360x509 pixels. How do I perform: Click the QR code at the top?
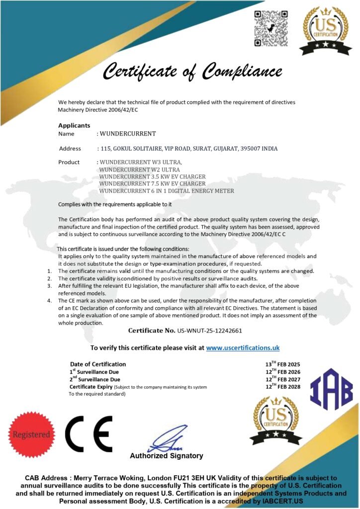tap(271, 28)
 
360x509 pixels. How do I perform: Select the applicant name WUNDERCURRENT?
tap(128, 134)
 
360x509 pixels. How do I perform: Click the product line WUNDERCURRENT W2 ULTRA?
tap(133, 170)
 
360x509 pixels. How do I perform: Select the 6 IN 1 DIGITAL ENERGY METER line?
tap(167, 190)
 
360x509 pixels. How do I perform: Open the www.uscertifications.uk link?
tap(243, 348)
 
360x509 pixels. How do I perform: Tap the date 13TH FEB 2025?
tap(282, 364)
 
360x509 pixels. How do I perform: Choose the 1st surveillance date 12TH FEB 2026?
tap(282, 372)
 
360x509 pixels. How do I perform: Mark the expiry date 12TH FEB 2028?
tap(282, 386)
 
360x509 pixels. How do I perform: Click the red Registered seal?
tap(32, 434)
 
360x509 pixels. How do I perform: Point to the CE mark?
tap(89, 434)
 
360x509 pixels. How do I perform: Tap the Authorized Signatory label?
tap(167, 456)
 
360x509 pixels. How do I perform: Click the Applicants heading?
tap(74, 125)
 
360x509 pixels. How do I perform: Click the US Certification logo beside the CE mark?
tap(276, 421)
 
